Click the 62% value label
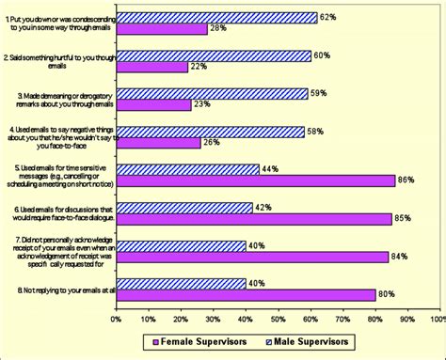pos(329,16)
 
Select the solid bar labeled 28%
pos(162,29)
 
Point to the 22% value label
pos(199,67)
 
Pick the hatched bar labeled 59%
pos(212,93)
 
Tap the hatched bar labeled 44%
pos(187,169)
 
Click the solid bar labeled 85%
pos(253,219)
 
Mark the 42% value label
pos(264,207)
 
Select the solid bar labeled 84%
pos(252,257)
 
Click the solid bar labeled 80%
pos(246,294)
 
